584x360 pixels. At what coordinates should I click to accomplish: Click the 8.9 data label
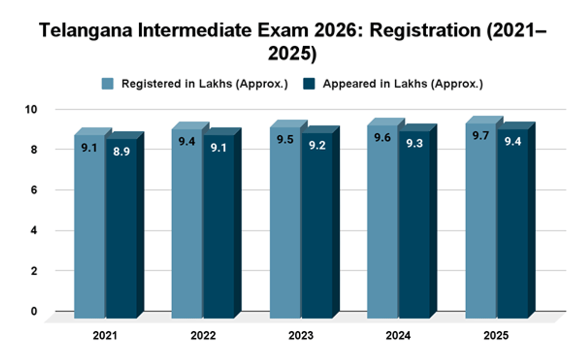(x=122, y=151)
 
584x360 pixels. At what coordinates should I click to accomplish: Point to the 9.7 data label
(x=481, y=135)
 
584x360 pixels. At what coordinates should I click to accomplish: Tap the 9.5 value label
(x=285, y=140)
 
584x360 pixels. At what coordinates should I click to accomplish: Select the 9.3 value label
(x=415, y=144)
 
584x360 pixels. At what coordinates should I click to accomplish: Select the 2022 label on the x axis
(x=203, y=336)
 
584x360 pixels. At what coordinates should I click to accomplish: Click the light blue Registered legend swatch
(x=108, y=84)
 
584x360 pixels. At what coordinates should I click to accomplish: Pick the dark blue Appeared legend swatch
(x=309, y=84)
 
